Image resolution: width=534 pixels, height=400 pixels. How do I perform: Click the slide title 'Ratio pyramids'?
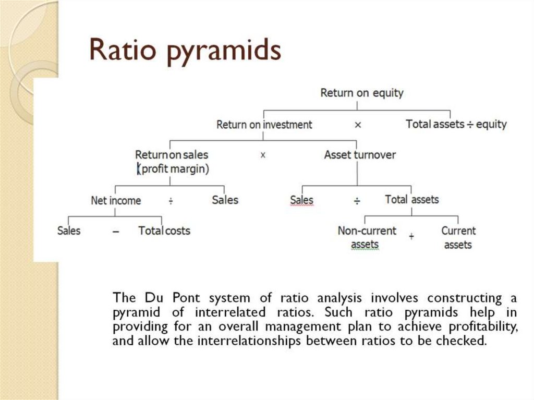[186, 50]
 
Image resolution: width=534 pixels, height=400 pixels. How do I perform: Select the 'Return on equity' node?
[361, 93]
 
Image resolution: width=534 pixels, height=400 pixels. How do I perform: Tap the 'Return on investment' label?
[264, 125]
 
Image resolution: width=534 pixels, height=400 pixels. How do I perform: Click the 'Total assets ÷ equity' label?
[456, 124]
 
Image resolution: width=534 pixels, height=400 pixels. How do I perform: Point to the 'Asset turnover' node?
[360, 155]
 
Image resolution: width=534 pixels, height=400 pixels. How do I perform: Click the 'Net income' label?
[116, 200]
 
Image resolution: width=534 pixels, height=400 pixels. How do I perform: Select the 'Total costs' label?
[164, 231]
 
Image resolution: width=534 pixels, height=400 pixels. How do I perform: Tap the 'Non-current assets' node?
[367, 237]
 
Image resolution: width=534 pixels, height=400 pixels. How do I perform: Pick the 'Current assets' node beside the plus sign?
[458, 237]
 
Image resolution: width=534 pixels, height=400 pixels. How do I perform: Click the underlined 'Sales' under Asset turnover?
[301, 200]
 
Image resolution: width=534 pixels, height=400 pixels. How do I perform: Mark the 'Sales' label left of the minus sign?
[69, 231]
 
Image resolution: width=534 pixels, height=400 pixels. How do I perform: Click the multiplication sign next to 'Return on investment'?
[358, 125]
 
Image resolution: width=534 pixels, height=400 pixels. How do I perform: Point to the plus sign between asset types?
[411, 237]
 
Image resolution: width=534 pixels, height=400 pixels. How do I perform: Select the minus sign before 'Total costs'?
[115, 231]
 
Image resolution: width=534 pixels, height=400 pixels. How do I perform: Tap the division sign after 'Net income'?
[171, 201]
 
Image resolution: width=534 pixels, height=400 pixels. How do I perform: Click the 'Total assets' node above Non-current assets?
[411, 199]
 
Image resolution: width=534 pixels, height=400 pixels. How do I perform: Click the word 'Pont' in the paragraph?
[188, 298]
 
